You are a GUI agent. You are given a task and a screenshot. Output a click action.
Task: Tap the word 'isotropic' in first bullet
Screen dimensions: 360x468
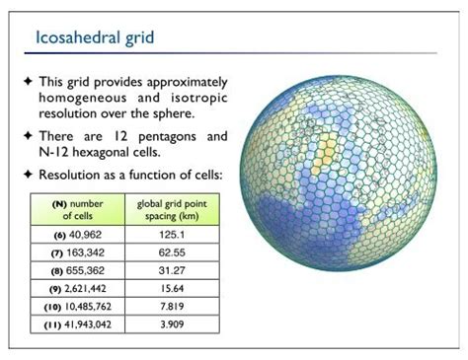click(x=195, y=98)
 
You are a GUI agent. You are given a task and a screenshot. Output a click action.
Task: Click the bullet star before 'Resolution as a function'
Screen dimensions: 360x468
click(x=28, y=174)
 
